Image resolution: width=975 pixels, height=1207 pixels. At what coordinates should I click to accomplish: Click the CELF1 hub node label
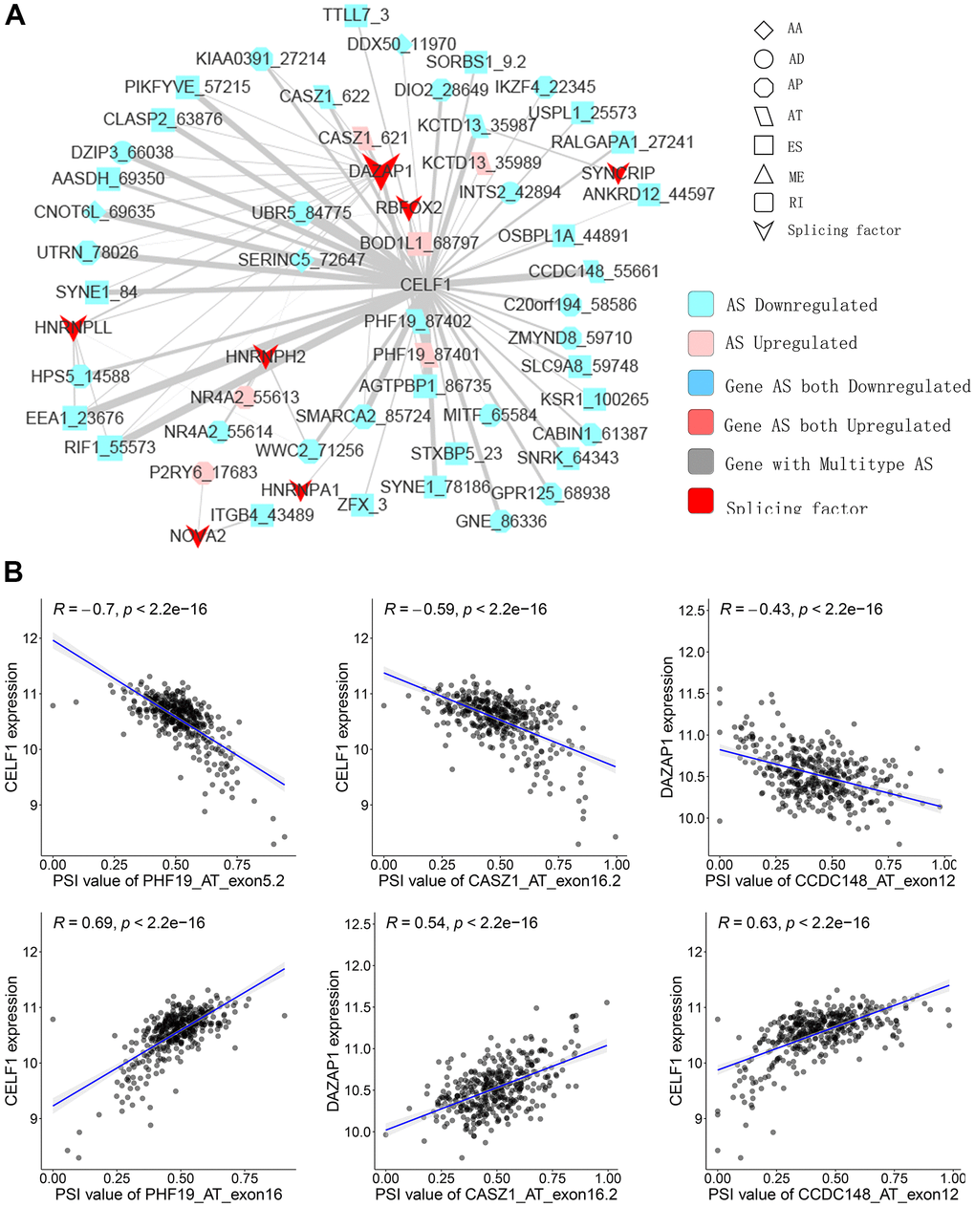pos(424,285)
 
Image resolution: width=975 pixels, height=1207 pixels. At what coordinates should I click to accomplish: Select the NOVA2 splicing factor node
pos(198,536)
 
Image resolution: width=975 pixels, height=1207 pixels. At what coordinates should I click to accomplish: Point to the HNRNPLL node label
pos(74,327)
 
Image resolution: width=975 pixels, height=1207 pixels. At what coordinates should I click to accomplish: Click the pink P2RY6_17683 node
pos(203,472)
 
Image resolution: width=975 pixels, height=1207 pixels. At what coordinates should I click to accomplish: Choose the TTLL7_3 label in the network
pos(356,15)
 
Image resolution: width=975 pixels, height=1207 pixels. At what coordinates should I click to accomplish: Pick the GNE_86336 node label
pos(501,522)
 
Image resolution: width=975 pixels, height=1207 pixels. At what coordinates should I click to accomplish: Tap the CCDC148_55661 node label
pos(593,271)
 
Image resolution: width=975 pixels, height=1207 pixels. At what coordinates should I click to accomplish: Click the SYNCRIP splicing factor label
pos(618,173)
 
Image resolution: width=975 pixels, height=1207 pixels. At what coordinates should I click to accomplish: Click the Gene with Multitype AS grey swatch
pos(701,463)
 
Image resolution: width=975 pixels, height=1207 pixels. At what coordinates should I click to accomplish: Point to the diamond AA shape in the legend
pos(764,29)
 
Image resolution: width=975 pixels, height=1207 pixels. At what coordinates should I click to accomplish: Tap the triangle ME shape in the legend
pos(764,175)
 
